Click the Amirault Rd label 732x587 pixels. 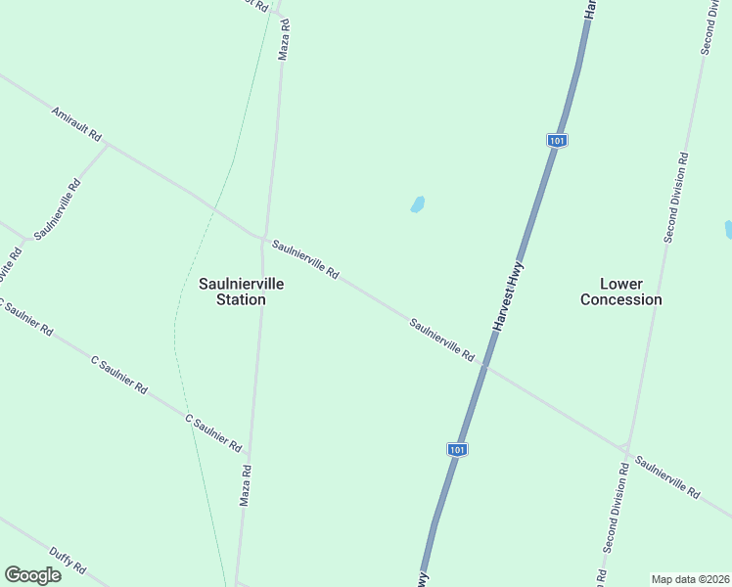(76, 125)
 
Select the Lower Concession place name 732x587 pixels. (620, 292)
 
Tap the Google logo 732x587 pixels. (32, 575)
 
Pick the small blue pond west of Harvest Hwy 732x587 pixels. (418, 204)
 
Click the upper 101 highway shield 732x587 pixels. (557, 141)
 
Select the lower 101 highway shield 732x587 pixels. (457, 449)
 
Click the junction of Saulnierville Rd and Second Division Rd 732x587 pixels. (625, 447)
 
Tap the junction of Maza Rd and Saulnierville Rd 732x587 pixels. (263, 238)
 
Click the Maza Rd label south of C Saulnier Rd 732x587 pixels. (246, 484)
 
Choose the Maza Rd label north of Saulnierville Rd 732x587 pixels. (284, 41)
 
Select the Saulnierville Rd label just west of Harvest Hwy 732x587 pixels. (441, 339)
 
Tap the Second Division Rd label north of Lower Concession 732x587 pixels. (675, 198)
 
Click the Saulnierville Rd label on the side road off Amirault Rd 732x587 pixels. (57, 209)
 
